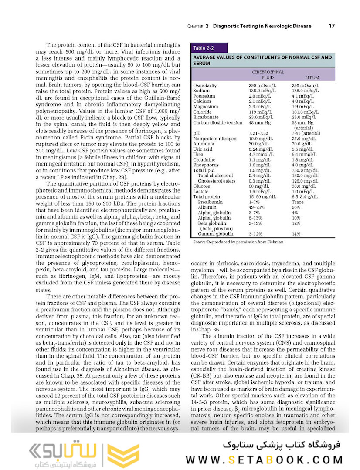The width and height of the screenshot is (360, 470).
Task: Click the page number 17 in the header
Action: (x=332, y=26)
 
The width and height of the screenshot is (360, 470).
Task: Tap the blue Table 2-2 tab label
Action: (x=204, y=48)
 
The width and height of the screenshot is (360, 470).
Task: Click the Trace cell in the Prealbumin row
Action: (x=298, y=202)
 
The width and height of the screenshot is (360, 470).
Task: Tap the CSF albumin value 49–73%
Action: (x=258, y=207)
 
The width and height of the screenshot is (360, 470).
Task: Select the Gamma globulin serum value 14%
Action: (x=296, y=234)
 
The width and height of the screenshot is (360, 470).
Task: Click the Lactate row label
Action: (x=200, y=192)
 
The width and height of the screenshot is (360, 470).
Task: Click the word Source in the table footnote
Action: (x=200, y=242)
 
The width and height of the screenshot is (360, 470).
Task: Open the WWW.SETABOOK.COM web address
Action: (x=264, y=460)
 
